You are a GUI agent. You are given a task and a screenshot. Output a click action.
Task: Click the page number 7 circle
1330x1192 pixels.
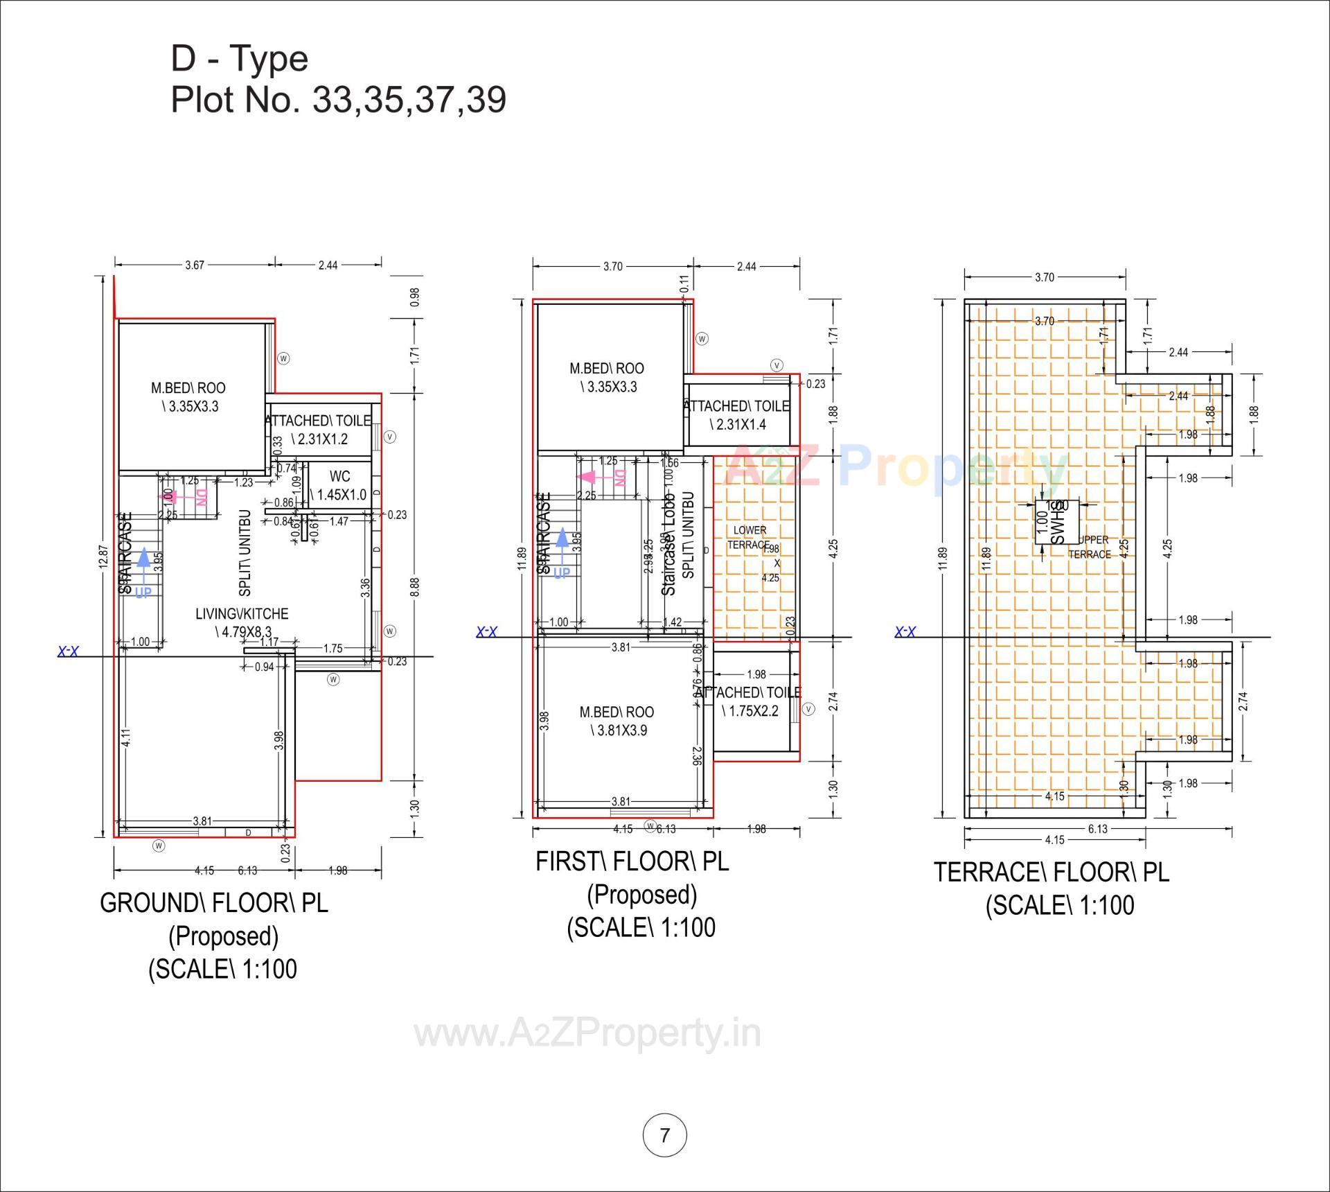[665, 1135]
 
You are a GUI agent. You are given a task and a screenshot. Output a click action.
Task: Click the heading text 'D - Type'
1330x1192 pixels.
[239, 58]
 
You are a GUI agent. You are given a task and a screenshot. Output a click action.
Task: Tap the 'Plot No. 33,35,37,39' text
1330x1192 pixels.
[338, 100]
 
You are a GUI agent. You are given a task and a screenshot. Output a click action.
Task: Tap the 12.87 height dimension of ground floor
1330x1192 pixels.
[103, 556]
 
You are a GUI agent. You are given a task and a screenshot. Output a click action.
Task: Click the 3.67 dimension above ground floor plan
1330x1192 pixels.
[195, 265]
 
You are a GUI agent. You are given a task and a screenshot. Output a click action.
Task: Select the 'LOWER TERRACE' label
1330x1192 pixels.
[750, 538]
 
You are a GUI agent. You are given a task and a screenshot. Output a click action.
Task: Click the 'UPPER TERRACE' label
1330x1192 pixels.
[1090, 547]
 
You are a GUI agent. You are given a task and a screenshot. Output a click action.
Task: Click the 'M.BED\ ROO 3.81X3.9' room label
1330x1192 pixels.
[617, 721]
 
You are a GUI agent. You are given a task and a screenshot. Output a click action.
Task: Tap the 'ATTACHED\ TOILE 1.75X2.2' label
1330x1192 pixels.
[749, 701]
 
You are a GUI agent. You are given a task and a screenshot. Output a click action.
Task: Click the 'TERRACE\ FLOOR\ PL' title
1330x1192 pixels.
[1051, 873]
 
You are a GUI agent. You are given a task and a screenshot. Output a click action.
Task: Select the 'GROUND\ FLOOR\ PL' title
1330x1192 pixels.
[214, 903]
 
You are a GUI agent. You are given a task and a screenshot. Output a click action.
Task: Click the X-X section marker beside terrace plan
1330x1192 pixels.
[905, 631]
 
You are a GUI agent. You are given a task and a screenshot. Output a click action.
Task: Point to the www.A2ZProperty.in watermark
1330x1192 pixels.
[587, 1034]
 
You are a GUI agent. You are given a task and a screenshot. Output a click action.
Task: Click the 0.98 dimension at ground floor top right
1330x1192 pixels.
[414, 297]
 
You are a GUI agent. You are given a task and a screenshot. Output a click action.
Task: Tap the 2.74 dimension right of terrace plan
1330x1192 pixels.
[1243, 701]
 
